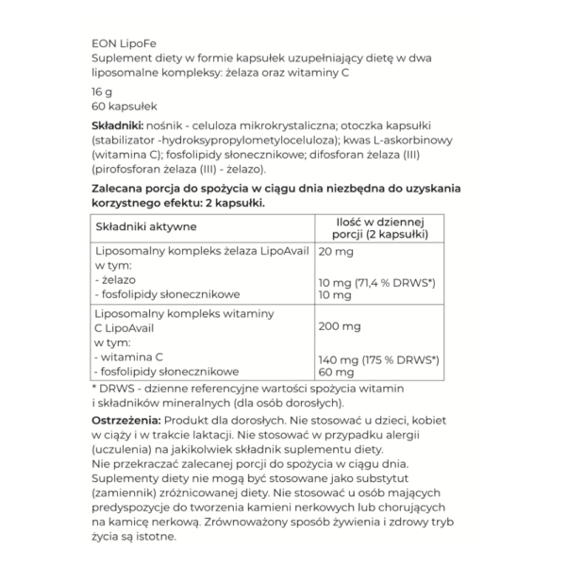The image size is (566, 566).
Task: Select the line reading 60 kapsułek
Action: (124, 107)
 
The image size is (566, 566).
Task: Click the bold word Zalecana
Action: (123, 188)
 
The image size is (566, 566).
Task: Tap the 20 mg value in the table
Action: (335, 253)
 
